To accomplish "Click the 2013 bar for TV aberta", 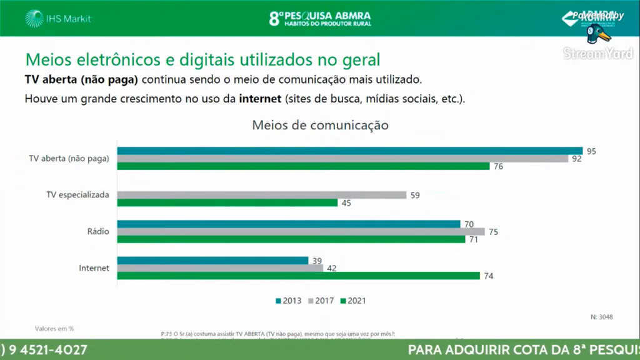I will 350,151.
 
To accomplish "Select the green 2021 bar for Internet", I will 299,276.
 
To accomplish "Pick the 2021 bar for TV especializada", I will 227,202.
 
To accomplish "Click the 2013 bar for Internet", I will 213,260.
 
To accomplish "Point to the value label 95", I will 591,151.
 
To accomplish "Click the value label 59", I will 415,195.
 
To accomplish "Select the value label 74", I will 488,276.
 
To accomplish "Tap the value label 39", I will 317,260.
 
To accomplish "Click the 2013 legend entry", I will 289,301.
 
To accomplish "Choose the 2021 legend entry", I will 353,301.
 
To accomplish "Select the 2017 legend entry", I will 321,301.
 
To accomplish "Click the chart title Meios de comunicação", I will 320,125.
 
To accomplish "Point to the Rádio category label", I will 99,231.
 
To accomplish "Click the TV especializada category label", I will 78,195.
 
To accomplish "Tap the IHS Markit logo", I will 59,19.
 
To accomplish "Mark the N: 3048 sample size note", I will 601,317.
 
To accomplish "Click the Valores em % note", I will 54,327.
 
